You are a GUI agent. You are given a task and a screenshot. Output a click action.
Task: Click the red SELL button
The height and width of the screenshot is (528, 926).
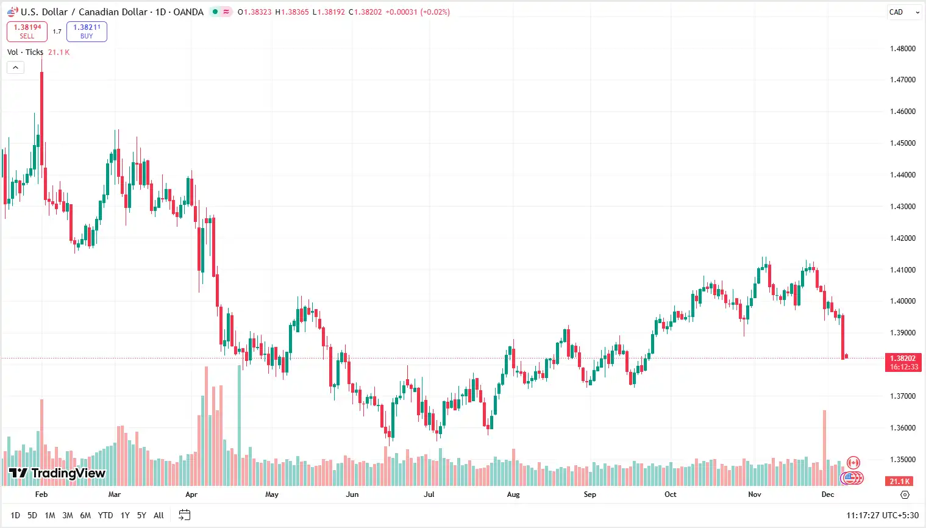(x=27, y=32)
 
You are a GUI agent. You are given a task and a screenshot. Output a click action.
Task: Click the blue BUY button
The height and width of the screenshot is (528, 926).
(x=87, y=32)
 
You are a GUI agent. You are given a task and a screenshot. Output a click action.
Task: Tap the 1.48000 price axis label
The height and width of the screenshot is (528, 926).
(x=902, y=49)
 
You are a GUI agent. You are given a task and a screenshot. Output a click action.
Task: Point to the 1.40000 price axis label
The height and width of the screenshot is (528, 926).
(x=902, y=301)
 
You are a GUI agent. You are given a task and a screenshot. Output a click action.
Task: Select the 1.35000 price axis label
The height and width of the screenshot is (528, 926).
(x=902, y=460)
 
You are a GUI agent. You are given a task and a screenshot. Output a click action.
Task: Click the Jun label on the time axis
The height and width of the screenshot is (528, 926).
(x=352, y=494)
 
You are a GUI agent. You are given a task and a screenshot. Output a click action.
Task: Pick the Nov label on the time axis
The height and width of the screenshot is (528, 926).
(x=755, y=494)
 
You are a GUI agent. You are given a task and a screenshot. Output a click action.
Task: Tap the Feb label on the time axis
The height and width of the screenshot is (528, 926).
(x=41, y=494)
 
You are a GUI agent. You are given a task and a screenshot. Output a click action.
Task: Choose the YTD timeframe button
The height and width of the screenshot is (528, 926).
(x=105, y=516)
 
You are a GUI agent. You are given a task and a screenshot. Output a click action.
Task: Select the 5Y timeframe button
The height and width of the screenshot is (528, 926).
(x=141, y=516)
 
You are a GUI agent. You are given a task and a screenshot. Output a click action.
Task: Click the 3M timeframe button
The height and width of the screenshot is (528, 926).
(x=68, y=516)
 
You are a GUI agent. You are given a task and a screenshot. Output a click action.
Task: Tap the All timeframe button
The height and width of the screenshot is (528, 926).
(x=158, y=516)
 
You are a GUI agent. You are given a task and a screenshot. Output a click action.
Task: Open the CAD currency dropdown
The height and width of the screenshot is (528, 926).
(x=904, y=12)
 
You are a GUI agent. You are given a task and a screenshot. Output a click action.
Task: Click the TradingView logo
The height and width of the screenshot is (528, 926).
(x=57, y=473)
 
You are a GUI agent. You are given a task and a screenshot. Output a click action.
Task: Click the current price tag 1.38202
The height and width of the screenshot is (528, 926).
(x=902, y=359)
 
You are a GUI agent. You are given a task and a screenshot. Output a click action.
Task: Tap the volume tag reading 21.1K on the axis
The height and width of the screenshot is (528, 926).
(x=899, y=482)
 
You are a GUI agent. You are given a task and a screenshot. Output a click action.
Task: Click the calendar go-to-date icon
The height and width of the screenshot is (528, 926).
(x=184, y=515)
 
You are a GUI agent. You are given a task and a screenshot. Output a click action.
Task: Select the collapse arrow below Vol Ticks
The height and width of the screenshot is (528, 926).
(x=15, y=68)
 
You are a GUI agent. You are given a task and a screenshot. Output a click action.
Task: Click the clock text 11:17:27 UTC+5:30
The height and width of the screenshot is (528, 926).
(x=882, y=516)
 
